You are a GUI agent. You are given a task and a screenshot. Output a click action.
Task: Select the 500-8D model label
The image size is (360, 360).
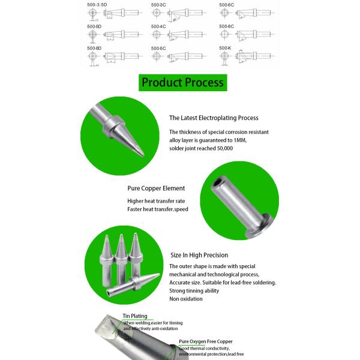coord(94,47)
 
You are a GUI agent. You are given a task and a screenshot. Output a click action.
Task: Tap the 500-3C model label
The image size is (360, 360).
coord(158,5)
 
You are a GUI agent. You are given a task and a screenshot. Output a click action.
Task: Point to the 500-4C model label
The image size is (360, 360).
coord(158,27)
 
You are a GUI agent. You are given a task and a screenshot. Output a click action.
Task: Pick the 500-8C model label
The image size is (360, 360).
coord(226,27)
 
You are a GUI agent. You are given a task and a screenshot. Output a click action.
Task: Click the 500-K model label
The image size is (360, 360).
coord(225,47)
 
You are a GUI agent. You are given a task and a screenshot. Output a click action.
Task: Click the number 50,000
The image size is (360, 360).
coord(221,148)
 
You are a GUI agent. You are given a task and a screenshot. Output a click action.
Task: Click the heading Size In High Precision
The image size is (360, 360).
coord(198,255)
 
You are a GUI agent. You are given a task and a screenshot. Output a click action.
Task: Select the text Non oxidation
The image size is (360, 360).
coord(187,299)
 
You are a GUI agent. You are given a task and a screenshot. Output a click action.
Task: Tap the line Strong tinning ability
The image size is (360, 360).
coord(194,290)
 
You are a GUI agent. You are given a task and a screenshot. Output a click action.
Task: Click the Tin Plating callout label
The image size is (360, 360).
coord(135,316)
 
